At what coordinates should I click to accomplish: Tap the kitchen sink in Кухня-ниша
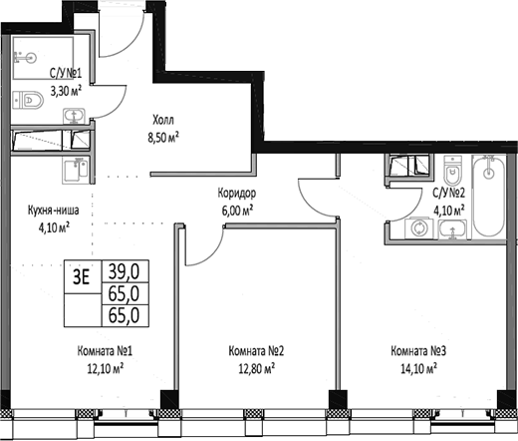[x=74, y=173]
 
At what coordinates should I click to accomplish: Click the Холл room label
[x=164, y=115]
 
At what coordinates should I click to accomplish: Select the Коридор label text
[x=236, y=194]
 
